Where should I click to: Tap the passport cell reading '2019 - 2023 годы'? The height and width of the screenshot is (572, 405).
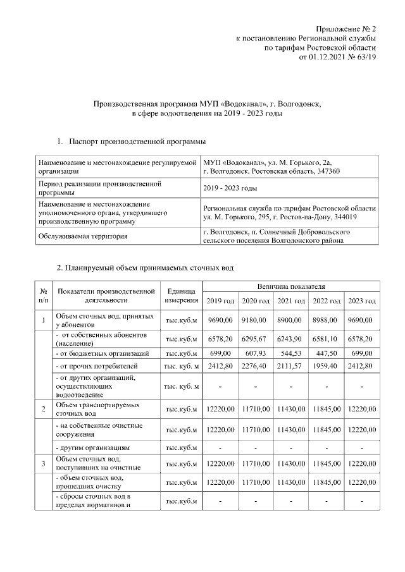(x=230, y=188)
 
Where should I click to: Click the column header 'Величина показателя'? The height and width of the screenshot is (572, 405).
(x=291, y=287)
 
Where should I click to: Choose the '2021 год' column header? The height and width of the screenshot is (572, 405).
(x=291, y=300)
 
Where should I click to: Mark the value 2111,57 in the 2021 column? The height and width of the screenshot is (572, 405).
(x=291, y=366)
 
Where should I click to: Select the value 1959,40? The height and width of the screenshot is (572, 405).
(x=327, y=366)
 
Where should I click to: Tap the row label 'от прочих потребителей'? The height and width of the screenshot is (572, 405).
(x=105, y=366)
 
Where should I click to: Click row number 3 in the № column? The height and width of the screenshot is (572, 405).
(x=43, y=465)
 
